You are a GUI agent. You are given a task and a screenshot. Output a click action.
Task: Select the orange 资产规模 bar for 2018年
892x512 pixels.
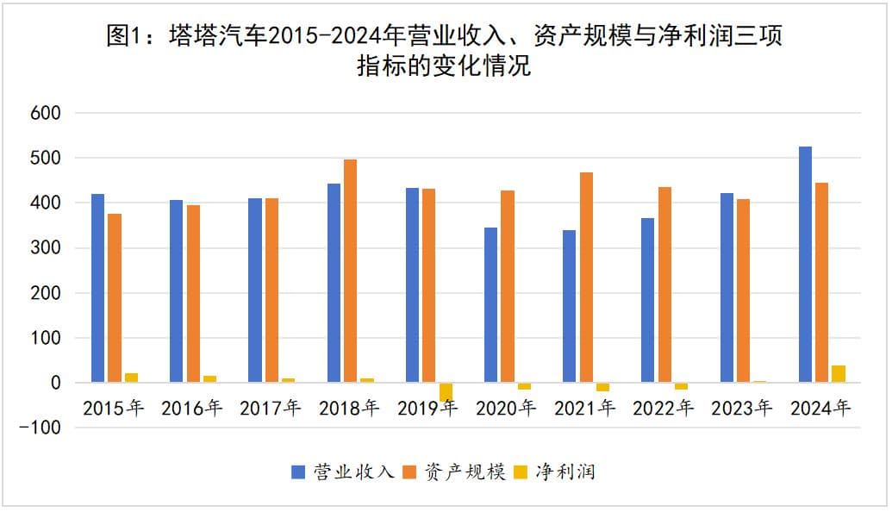click(x=350, y=271)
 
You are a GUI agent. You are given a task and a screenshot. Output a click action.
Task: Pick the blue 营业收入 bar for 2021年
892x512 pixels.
click(x=569, y=306)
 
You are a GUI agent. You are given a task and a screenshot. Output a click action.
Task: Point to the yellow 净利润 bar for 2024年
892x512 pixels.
click(x=839, y=374)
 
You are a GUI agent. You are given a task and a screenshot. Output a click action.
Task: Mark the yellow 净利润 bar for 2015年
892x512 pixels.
click(x=131, y=378)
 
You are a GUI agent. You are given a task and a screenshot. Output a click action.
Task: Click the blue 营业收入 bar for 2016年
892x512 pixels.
click(x=176, y=291)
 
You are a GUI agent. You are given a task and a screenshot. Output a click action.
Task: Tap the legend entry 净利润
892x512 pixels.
click(x=565, y=471)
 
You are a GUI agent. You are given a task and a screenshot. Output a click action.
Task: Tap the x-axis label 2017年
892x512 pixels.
click(x=270, y=409)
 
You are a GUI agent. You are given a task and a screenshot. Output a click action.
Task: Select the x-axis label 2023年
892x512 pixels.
click(x=741, y=409)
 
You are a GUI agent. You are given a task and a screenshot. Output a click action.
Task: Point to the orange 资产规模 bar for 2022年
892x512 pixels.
click(x=664, y=284)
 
